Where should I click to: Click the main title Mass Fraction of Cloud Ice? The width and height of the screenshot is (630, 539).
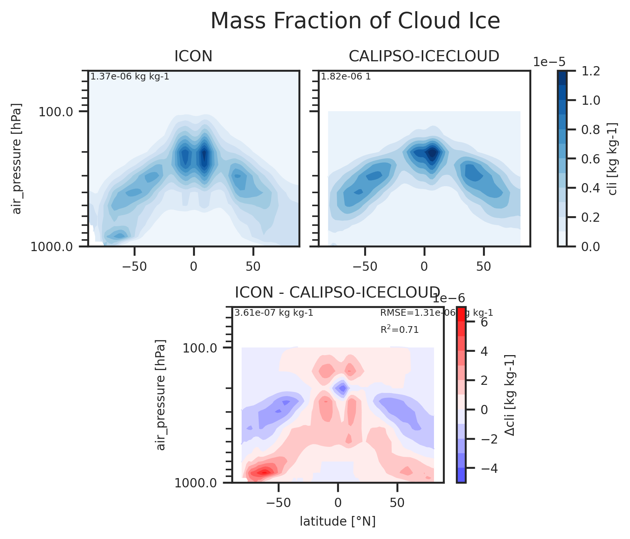pos(355,21)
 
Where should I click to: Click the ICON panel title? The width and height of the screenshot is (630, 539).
pos(193,56)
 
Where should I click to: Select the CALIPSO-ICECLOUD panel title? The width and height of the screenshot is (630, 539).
pos(424,56)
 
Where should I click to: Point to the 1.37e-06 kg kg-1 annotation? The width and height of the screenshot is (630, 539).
pos(130,77)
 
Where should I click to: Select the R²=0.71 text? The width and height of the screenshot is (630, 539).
pos(399,329)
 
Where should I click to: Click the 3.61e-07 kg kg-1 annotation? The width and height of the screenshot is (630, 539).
pos(274,313)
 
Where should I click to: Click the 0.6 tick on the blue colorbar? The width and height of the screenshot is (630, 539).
pos(591,159)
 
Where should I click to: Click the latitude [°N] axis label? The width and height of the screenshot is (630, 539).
pos(337,522)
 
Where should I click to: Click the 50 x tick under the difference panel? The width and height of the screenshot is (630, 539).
pos(397,503)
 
